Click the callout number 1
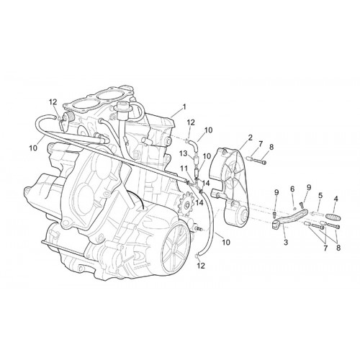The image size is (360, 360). tap(184, 107)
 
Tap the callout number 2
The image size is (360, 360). tap(250, 138)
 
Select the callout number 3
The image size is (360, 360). tap(286, 243)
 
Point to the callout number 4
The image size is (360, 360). tap(336, 199)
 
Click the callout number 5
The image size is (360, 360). tap(320, 196)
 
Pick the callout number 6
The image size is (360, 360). tap(292, 189)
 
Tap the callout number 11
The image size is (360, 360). tap(184, 168)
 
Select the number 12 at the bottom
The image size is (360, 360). tap(201, 266)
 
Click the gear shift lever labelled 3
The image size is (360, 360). tap(289, 217)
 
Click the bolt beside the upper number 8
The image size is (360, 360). tap(260, 161)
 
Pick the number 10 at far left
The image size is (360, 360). tap(33, 148)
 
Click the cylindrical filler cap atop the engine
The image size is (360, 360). tap(124, 109)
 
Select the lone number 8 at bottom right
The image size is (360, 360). tap(338, 248)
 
